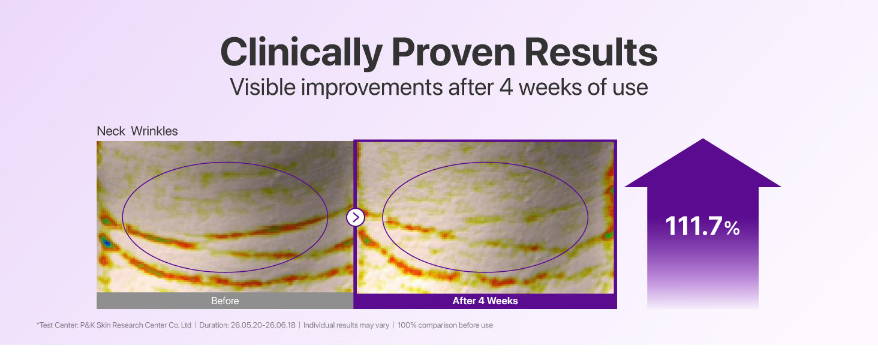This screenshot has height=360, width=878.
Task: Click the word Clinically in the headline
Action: tap(302, 53)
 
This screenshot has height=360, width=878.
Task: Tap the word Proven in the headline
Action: tap(453, 52)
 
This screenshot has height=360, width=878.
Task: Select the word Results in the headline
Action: tap(591, 52)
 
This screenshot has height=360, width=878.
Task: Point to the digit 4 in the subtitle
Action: tap(506, 87)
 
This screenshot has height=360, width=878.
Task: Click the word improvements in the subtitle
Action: tap(372, 88)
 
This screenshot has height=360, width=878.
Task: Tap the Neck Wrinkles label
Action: tap(137, 131)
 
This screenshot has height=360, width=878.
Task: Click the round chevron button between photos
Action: tap(356, 217)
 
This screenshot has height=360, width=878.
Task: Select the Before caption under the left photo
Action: tap(225, 301)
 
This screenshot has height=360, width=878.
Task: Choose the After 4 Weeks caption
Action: tap(485, 301)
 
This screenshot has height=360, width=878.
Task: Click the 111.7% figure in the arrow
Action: tap(702, 226)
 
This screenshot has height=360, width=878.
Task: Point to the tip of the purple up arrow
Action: tap(703, 139)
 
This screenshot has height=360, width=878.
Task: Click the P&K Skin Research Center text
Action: tap(136, 325)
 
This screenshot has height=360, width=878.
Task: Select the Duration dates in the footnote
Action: tap(247, 325)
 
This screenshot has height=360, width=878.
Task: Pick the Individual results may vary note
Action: tap(346, 325)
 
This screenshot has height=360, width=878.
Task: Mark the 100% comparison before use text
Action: tap(445, 325)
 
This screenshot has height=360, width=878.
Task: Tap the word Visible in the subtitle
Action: tap(263, 87)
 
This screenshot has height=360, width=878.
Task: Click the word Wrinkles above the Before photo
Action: tap(154, 131)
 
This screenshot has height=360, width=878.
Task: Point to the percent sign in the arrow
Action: tap(732, 229)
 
